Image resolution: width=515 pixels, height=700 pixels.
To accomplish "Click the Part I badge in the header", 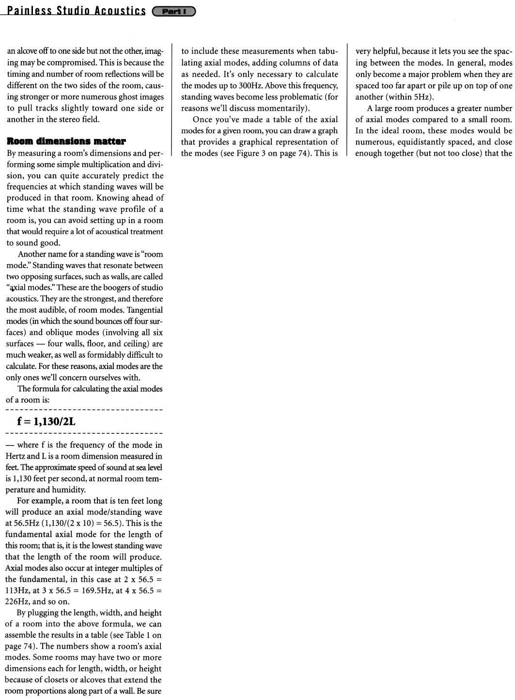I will (x=173, y=11).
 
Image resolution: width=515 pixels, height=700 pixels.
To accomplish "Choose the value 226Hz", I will (x=17, y=602).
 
